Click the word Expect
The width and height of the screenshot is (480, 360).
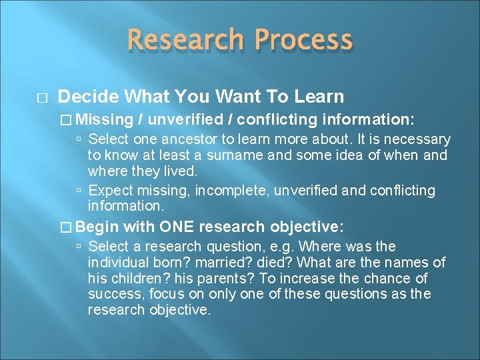point(109,191)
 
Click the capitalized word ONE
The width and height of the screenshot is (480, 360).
point(177,226)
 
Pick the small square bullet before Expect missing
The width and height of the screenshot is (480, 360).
point(79,191)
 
